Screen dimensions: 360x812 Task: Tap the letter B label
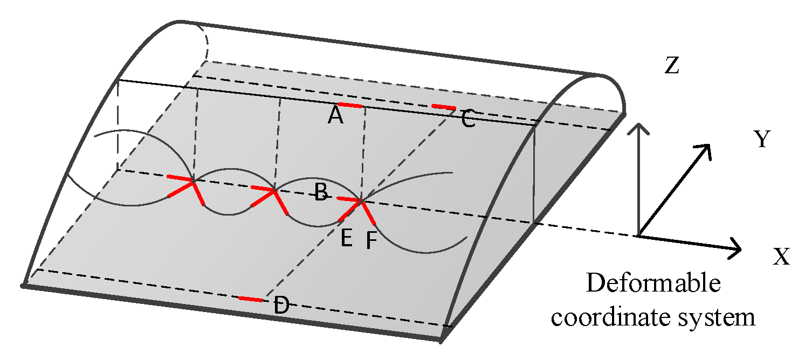click(321, 192)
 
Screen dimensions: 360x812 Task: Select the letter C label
click(468, 119)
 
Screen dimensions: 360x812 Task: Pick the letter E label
click(347, 237)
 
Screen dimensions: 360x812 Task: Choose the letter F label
click(371, 241)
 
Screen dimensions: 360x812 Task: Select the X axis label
click(781, 257)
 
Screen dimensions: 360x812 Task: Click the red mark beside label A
click(349, 105)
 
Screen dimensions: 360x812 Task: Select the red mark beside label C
click(444, 107)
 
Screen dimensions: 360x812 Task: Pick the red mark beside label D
click(251, 299)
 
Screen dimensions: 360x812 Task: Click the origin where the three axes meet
click(639, 236)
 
